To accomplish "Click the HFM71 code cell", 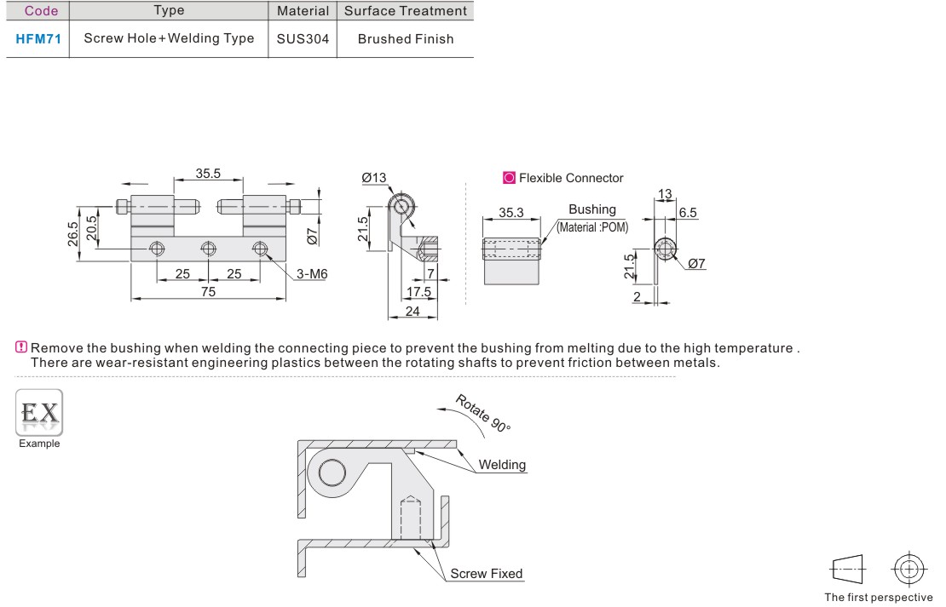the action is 38,39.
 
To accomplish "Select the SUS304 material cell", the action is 303,39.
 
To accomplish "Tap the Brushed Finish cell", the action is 406,39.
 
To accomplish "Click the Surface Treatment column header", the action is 406,11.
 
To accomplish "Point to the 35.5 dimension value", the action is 208,174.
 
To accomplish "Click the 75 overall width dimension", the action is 208,292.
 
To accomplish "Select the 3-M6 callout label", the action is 312,274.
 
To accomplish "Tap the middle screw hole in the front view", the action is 209,249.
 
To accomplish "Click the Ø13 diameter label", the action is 374,178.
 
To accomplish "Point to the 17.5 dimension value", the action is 418,292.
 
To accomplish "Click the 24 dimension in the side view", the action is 412,311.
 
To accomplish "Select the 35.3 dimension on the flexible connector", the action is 511,213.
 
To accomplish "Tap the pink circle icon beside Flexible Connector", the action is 509,178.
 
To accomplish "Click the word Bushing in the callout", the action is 592,209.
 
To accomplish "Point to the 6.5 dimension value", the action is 688,213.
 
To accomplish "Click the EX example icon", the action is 39,413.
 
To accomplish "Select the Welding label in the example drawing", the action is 503,465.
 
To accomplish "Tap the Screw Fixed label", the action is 487,574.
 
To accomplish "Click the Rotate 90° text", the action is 482,414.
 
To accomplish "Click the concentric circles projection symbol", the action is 909,569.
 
